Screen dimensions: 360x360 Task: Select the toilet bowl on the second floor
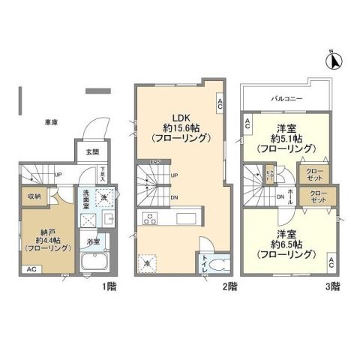coord(214,265)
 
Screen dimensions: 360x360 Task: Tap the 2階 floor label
coord(229,286)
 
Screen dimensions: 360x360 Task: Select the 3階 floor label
coord(331,286)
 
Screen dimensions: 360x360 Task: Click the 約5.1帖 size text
coord(287,138)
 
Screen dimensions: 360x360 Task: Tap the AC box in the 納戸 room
coord(31,268)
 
